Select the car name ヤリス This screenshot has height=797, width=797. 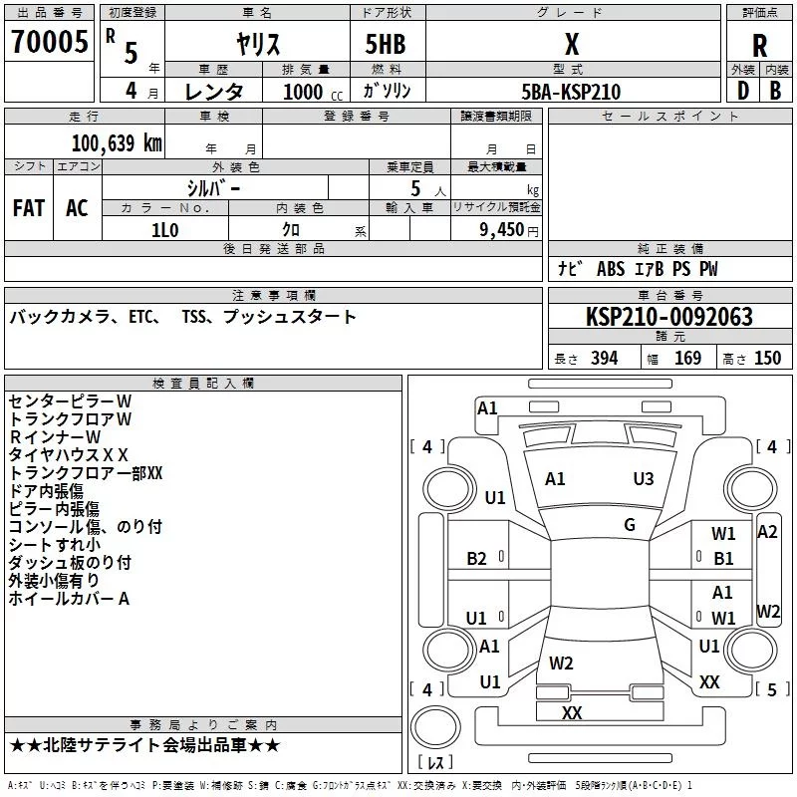[x=256, y=44]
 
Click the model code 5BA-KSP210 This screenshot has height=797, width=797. [x=571, y=92]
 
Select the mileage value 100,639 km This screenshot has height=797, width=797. [x=117, y=143]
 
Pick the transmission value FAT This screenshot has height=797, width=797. [x=29, y=208]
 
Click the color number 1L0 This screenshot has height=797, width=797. [x=164, y=229]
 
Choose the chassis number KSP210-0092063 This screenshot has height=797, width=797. [x=668, y=317]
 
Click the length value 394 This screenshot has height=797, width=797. [x=604, y=359]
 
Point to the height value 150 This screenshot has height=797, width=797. [x=767, y=359]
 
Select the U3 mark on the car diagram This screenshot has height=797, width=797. [x=644, y=479]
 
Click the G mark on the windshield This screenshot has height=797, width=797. [x=630, y=525]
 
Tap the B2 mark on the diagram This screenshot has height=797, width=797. [x=477, y=559]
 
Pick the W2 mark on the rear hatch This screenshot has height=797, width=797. [x=561, y=663]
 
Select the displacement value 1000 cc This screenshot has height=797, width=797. [x=304, y=92]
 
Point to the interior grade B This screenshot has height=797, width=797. [x=775, y=92]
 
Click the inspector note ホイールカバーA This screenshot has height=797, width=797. [x=70, y=599]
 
